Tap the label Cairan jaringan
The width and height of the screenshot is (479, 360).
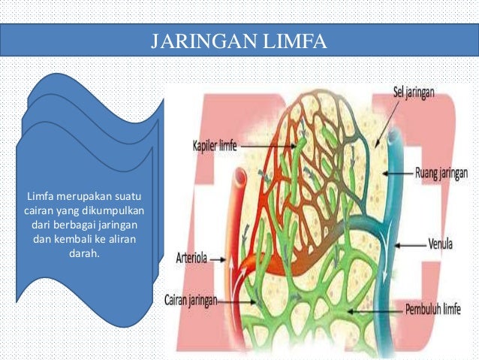click(x=191, y=300)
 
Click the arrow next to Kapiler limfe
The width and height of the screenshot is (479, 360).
click(x=258, y=147)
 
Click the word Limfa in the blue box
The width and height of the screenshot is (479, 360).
click(x=40, y=197)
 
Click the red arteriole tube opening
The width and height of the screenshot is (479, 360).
click(x=239, y=179)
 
